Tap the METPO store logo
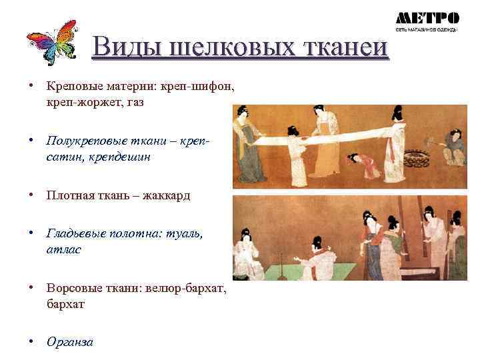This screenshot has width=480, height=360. (427, 21)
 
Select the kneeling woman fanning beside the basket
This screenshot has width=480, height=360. (455, 148)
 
